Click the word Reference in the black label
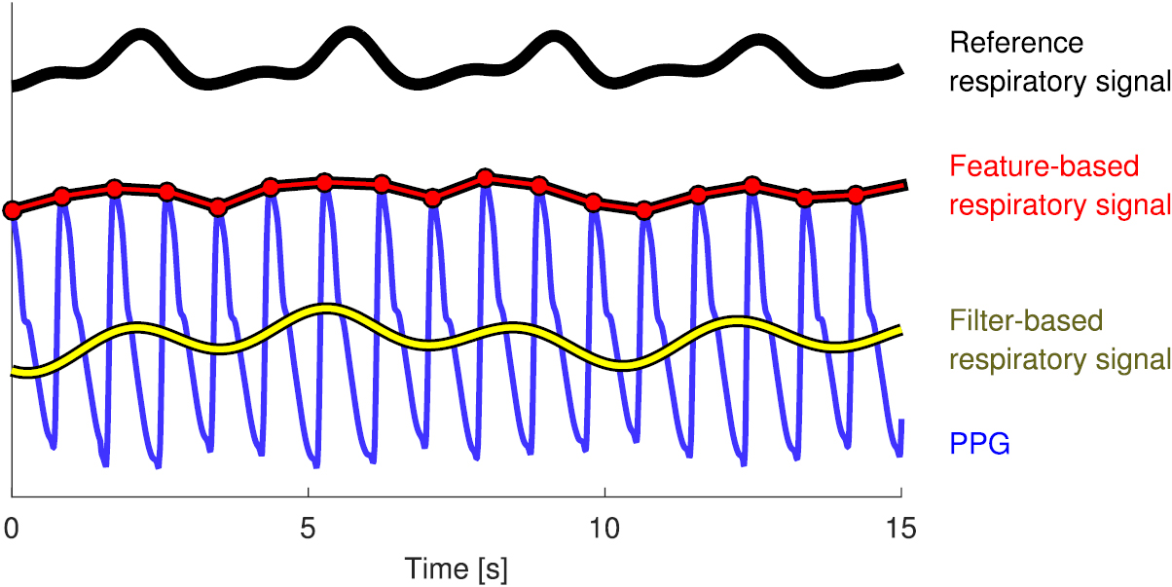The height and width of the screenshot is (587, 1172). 1015,43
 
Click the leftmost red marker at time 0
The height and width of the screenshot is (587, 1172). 12,210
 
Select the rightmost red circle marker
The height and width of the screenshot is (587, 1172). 856,195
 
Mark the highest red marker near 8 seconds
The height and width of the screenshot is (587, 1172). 485,177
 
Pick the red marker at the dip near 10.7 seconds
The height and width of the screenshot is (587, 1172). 642,210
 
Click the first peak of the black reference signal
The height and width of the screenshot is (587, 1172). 141,38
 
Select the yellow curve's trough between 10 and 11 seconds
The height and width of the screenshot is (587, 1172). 626,364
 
